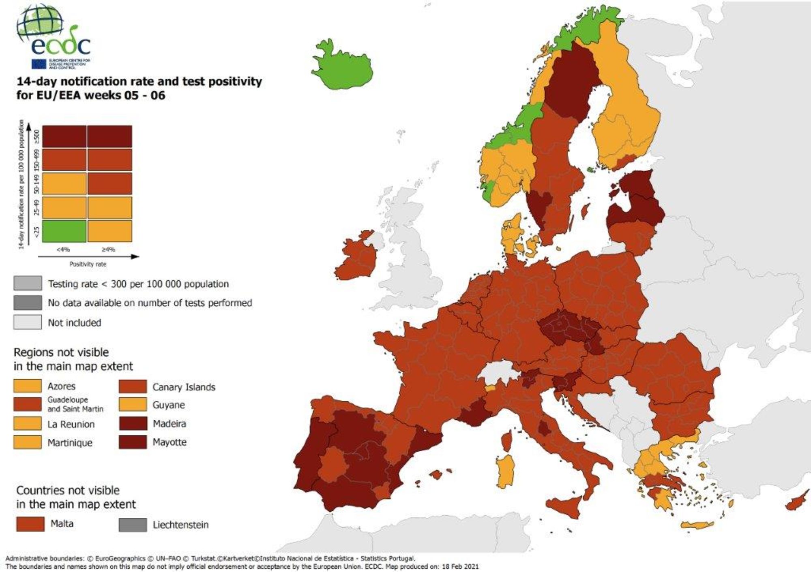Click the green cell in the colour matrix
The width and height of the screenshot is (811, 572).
64,231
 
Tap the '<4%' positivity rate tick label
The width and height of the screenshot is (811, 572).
63,250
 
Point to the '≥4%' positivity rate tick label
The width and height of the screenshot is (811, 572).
108,250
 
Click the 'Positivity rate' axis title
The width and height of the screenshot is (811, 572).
88,264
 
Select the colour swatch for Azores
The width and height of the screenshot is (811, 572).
28,386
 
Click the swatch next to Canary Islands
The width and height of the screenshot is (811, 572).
133,386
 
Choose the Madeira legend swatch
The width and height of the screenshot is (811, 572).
133,424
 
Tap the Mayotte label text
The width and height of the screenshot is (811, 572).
169,442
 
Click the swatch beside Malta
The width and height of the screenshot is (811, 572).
30,524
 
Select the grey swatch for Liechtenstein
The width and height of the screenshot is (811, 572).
133,525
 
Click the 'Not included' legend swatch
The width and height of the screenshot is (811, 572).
28,322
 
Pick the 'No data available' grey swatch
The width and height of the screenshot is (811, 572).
28,303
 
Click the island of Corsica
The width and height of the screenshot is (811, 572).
506,442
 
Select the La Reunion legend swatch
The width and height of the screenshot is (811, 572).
28,424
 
